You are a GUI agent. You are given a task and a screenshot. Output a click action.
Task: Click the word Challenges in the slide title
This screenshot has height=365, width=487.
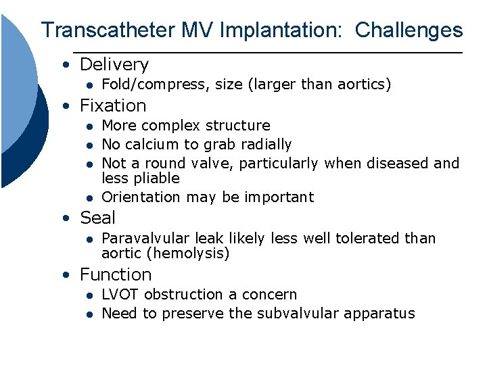[x=409, y=30]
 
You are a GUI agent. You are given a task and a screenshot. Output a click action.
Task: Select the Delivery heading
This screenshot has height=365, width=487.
[x=114, y=65]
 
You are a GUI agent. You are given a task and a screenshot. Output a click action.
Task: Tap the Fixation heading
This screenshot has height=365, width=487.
[x=112, y=105]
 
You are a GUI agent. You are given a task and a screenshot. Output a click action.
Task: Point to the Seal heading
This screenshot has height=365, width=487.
[x=97, y=218]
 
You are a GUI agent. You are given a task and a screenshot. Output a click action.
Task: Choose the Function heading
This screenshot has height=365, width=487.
[x=115, y=274]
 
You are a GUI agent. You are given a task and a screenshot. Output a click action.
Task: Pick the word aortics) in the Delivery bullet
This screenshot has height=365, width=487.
[x=365, y=84]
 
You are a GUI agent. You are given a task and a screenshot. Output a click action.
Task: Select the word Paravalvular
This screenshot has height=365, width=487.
[x=145, y=238]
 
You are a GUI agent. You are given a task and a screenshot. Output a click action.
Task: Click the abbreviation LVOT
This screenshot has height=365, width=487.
[x=120, y=294]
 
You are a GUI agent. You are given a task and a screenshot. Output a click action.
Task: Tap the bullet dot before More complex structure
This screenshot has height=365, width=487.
[x=88, y=126]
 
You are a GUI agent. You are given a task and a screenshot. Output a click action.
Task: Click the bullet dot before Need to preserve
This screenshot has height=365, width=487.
[x=88, y=314]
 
